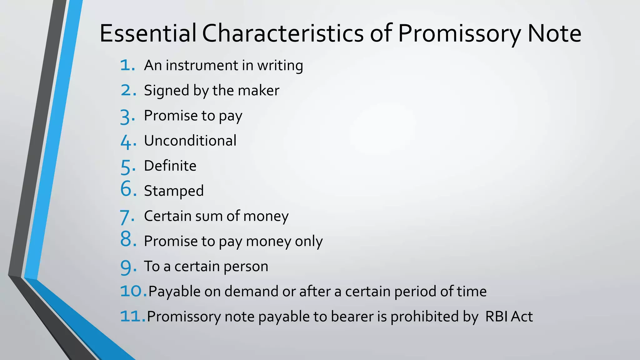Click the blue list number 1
127,65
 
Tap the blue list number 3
127,117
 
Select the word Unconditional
190,141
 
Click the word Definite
170,166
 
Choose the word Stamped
174,191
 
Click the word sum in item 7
209,216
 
